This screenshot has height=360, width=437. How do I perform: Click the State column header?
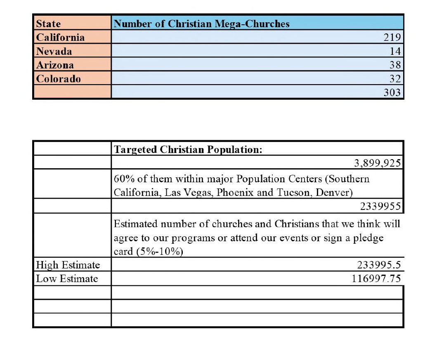click(48, 24)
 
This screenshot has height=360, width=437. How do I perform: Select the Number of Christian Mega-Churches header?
click(201, 24)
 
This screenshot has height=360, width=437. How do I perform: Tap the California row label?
click(60, 38)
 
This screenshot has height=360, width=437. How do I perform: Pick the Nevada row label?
click(54, 52)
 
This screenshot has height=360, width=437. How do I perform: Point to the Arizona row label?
click(55, 65)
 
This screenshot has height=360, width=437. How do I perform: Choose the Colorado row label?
click(59, 79)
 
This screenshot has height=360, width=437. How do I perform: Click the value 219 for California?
click(392, 38)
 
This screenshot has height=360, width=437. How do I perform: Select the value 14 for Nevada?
click(395, 52)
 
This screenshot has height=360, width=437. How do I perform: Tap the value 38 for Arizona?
click(394, 65)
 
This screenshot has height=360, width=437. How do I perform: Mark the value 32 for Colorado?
click(394, 79)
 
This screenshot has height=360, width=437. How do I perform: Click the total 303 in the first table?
click(392, 92)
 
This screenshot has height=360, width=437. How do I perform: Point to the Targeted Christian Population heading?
click(188, 150)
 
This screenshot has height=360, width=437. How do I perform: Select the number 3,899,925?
click(377, 163)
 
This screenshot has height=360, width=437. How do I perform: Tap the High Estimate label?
click(68, 265)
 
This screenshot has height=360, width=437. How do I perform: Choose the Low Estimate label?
click(67, 279)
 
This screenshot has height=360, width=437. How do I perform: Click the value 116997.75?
click(376, 279)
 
